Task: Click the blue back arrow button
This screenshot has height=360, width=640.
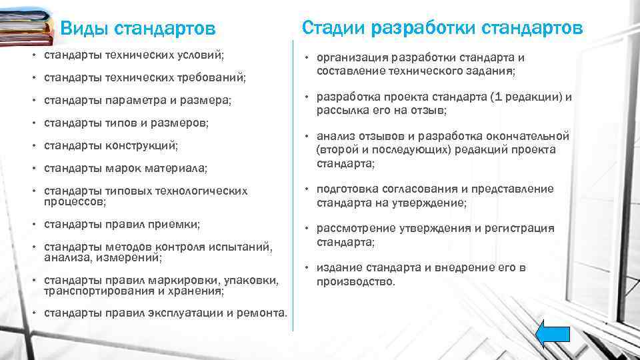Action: coord(553,334)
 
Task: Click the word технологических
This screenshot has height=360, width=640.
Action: coord(203,191)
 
